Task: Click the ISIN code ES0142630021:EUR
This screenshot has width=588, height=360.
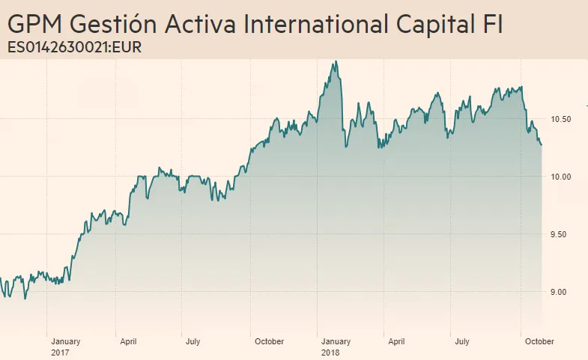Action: coord(74,48)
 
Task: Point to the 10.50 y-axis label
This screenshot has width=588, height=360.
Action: coord(561,120)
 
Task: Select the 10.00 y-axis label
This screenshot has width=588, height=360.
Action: coord(561,177)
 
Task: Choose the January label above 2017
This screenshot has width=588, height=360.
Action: coord(66,342)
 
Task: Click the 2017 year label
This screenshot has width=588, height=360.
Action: coord(60,352)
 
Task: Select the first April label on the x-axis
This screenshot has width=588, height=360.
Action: coord(128,342)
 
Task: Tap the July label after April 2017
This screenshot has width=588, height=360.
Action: coord(193,342)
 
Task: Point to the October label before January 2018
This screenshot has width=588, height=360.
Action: coord(269,342)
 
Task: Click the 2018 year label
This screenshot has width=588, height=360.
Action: coord(330,352)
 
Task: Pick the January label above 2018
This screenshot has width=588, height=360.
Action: coord(336,342)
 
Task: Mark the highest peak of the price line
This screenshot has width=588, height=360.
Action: coord(336,61)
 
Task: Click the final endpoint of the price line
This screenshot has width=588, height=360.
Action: coord(541,145)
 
